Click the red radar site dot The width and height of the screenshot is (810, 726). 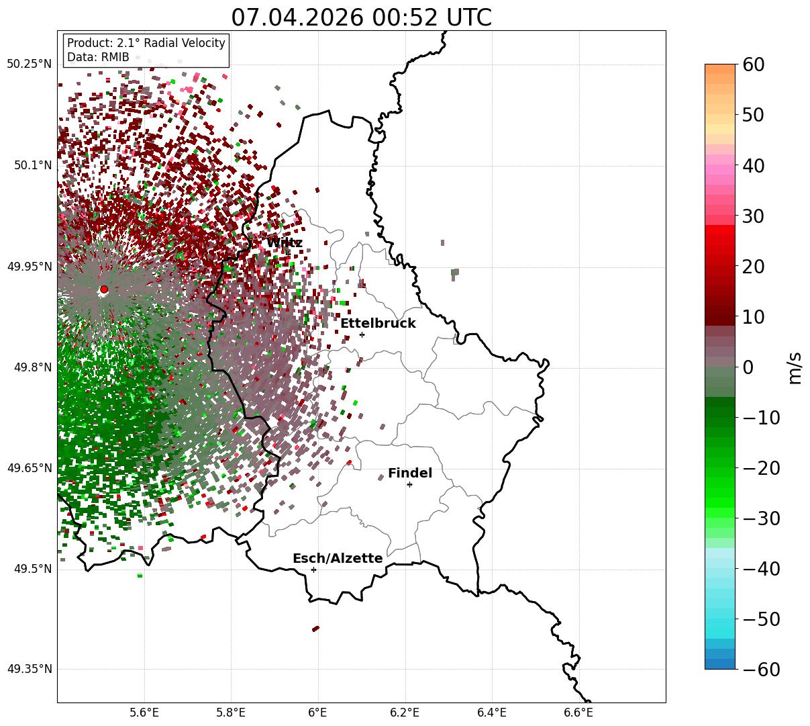pyautogui.click(x=104, y=289)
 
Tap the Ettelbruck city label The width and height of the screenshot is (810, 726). pyautogui.click(x=378, y=323)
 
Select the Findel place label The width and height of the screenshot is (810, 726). pyautogui.click(x=410, y=473)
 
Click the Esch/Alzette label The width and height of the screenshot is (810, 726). pyautogui.click(x=338, y=558)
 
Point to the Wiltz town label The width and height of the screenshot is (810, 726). pyautogui.click(x=285, y=242)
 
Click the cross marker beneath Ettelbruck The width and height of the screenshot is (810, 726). pyautogui.click(x=362, y=334)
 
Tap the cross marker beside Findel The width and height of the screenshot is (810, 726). pyautogui.click(x=409, y=485)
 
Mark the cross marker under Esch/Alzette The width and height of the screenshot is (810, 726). pyautogui.click(x=313, y=570)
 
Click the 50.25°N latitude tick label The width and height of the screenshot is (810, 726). pyautogui.click(x=29, y=64)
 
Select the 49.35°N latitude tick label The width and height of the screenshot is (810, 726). pyautogui.click(x=29, y=669)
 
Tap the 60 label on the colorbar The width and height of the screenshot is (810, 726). pyautogui.click(x=753, y=64)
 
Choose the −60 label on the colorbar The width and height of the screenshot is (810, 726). pyautogui.click(x=761, y=669)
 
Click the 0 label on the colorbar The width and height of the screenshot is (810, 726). pyautogui.click(x=748, y=367)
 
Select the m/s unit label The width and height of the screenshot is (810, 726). pyautogui.click(x=795, y=368)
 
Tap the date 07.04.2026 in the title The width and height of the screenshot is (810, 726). pyautogui.click(x=297, y=17)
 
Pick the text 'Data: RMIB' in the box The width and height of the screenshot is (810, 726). pyautogui.click(x=98, y=57)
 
